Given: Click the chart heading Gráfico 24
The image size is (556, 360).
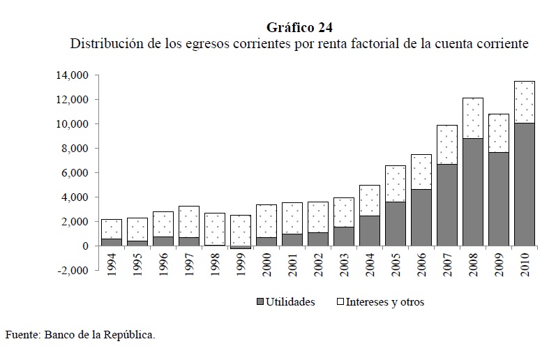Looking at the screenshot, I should [x=299, y=27].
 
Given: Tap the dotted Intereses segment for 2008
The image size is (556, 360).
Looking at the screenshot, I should [x=472, y=118].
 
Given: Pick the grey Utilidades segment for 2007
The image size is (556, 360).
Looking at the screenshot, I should [x=446, y=205].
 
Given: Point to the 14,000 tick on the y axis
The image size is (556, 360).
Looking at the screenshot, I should [x=72, y=75].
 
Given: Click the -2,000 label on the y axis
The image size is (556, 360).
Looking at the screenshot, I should [x=73, y=271].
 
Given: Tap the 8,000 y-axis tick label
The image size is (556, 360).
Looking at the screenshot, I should [x=75, y=149].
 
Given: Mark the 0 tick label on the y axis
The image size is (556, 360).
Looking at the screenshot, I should [x=85, y=246].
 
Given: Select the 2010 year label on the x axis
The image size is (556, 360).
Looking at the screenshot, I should [x=525, y=263].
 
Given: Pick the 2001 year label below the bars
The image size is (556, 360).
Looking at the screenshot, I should [x=292, y=263].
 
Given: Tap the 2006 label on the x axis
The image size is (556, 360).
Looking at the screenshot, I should [x=421, y=263].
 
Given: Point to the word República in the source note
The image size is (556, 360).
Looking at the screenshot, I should [x=128, y=334].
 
